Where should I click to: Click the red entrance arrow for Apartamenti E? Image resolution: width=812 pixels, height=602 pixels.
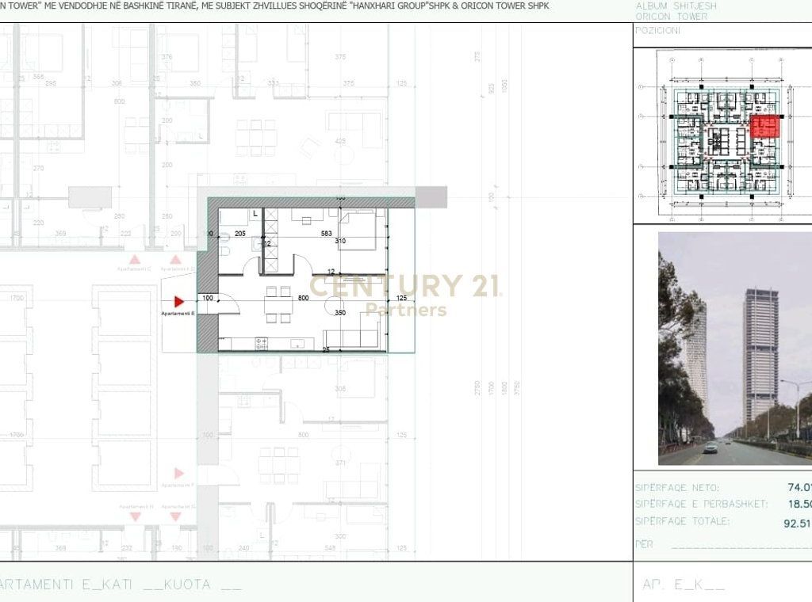(x=179, y=302)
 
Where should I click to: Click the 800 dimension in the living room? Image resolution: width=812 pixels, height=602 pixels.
(x=302, y=298)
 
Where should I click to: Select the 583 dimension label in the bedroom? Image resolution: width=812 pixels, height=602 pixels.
(x=326, y=234)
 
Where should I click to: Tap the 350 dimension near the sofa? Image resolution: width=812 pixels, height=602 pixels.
(x=341, y=313)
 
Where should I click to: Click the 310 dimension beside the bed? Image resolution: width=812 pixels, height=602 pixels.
(x=341, y=241)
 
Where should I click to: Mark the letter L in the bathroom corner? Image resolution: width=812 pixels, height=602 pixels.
(x=255, y=214)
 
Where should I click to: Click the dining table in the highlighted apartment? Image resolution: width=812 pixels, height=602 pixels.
(x=278, y=303)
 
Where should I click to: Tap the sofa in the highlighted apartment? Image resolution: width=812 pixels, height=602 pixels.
(x=354, y=337)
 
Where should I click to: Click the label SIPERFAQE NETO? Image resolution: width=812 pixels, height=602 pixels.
(x=677, y=488)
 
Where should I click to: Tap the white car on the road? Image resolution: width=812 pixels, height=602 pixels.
(x=710, y=448)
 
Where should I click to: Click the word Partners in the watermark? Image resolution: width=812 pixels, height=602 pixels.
(x=406, y=311)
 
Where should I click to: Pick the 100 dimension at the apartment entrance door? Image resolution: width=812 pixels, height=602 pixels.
(x=208, y=298)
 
